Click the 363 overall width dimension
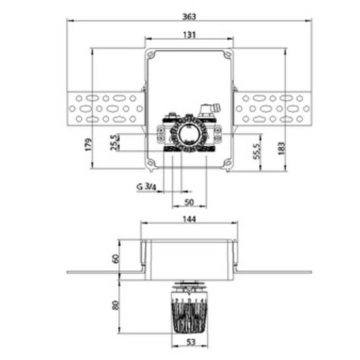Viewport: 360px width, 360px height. [189, 17]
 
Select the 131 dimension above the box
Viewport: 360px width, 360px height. [189, 35]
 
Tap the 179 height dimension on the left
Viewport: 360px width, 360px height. [89, 145]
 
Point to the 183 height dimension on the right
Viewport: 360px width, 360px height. [281, 148]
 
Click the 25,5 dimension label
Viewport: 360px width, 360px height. [114, 143]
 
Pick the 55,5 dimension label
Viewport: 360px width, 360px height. [257, 151]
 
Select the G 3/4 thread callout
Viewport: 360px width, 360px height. [146, 187]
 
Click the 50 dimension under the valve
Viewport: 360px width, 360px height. [189, 202]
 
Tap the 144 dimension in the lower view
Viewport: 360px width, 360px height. [189, 219]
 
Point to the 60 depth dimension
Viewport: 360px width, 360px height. [117, 258]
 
